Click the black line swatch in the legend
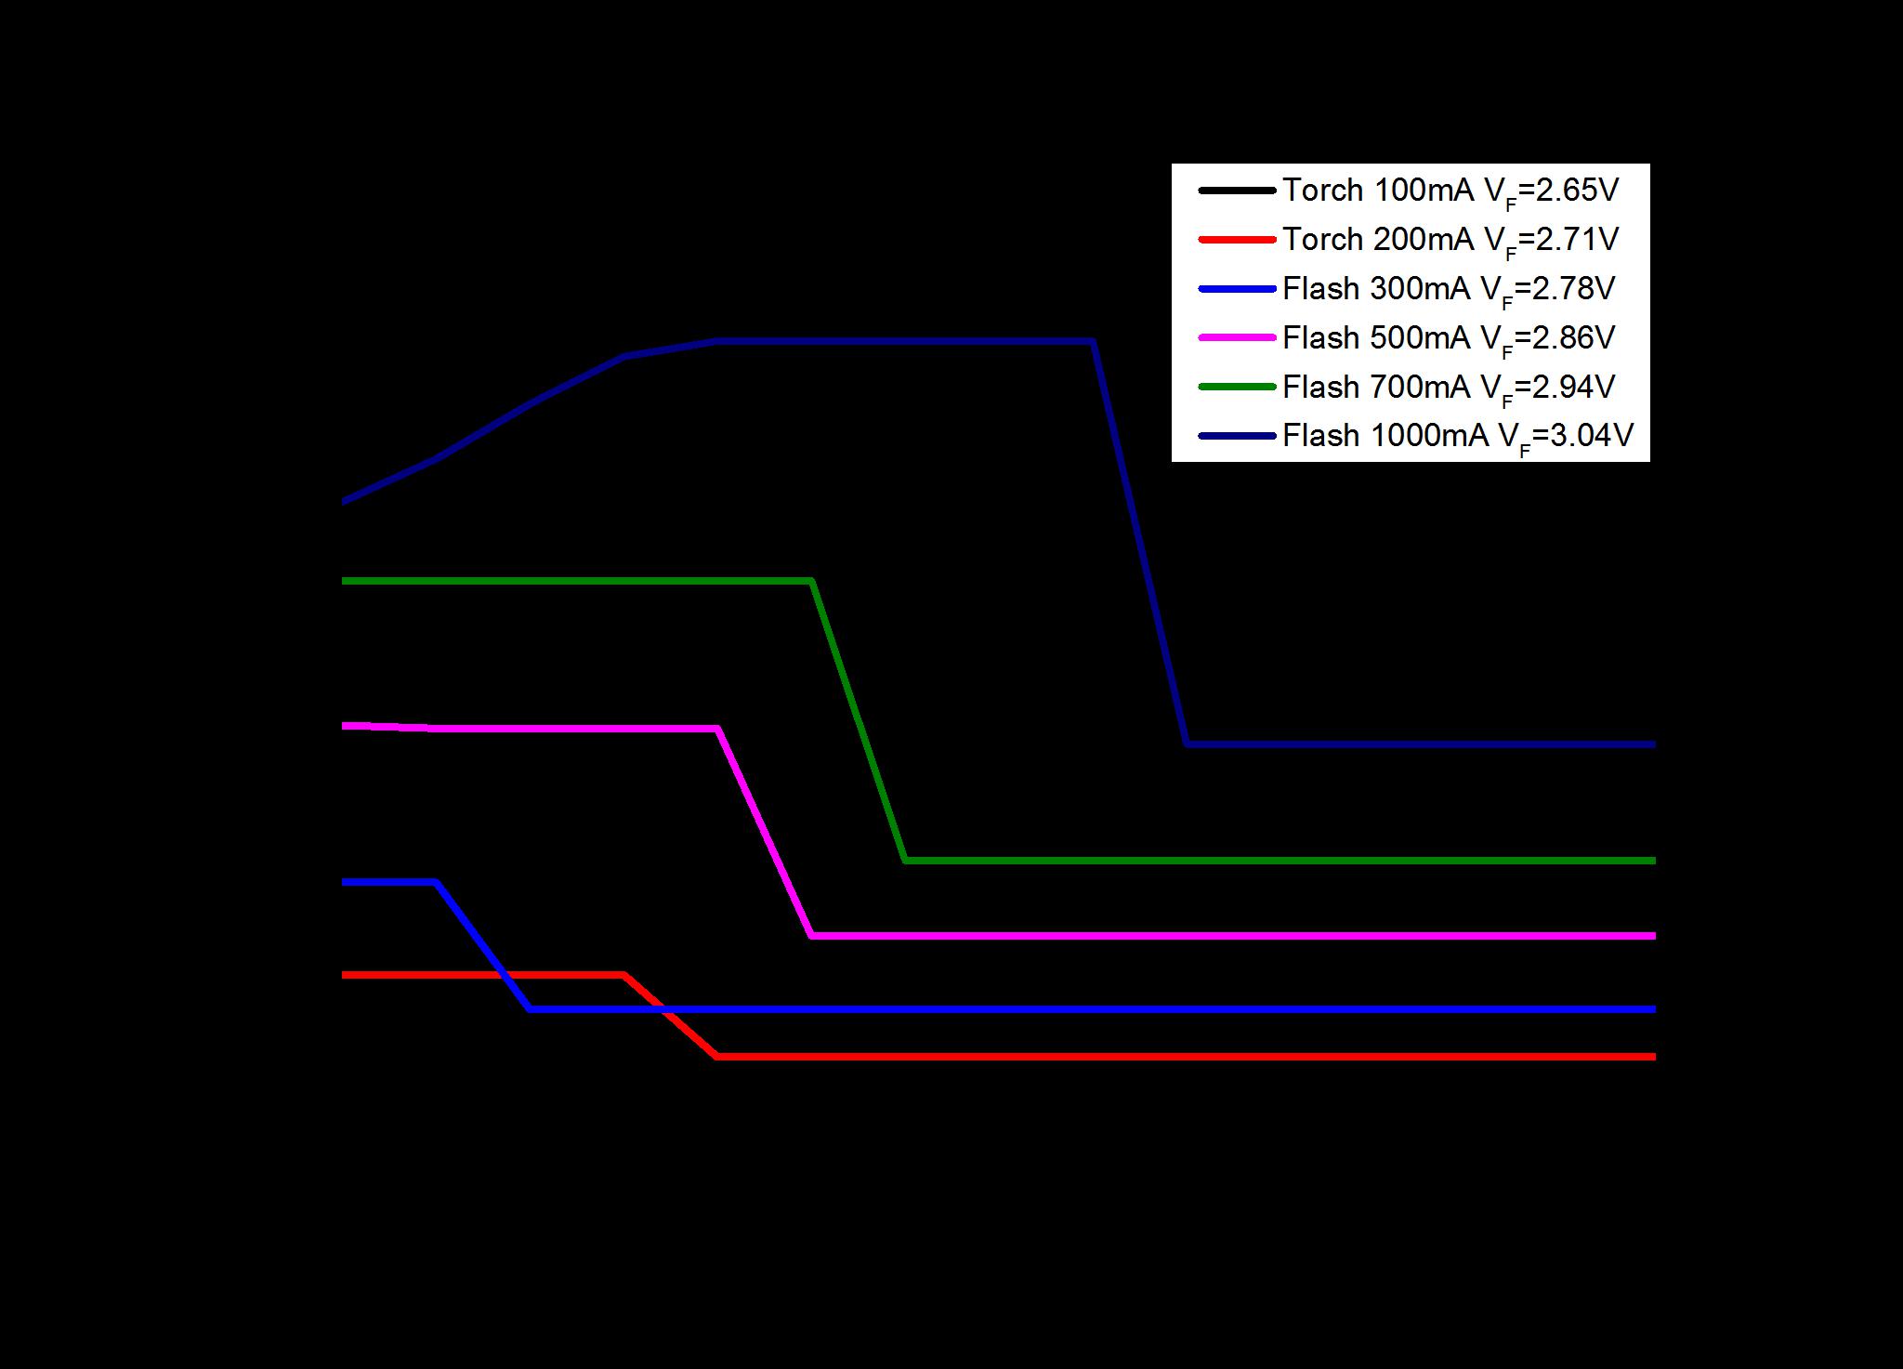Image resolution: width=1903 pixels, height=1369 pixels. pyautogui.click(x=1237, y=191)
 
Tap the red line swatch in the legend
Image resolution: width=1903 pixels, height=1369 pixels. pyautogui.click(x=1237, y=241)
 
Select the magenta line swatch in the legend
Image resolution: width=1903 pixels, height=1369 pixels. pyautogui.click(x=1237, y=338)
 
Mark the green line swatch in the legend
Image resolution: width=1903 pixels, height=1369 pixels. pyautogui.click(x=1237, y=388)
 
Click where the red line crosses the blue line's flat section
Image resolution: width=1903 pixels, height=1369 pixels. pyautogui.click(x=663, y=1008)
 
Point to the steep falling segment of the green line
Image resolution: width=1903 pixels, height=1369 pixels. pyautogui.click(x=859, y=720)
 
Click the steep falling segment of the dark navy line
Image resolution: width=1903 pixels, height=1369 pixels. pyautogui.click(x=1139, y=543)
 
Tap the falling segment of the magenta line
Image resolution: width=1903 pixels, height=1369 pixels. pyautogui.click(x=765, y=832)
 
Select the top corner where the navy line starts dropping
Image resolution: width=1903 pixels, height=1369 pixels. pyautogui.click(x=1092, y=342)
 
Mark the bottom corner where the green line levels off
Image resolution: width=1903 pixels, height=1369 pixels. pyautogui.click(x=906, y=861)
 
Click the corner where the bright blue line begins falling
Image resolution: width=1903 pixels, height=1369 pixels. pyautogui.click(x=436, y=882)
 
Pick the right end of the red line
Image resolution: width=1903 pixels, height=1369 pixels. pyautogui.click(x=1654, y=1057)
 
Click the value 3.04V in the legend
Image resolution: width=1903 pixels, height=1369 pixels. pyautogui.click(x=1590, y=436)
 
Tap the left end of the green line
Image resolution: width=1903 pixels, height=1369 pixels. pyautogui.click(x=344, y=581)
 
